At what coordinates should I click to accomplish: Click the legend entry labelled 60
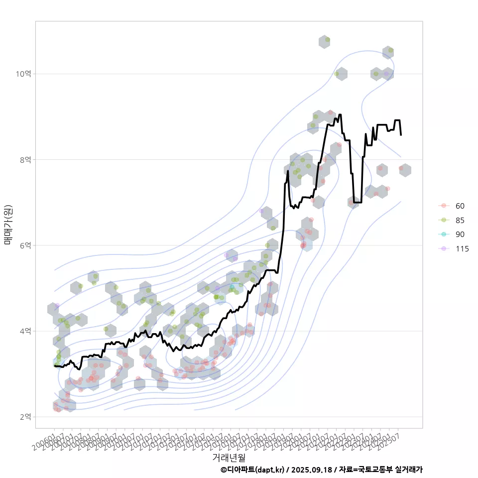[x=460, y=206]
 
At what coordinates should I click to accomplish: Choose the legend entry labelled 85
[x=460, y=220]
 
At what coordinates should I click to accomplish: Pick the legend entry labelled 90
[x=460, y=235]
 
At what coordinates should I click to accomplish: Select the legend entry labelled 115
[x=462, y=249]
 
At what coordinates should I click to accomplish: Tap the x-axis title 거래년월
[x=229, y=457]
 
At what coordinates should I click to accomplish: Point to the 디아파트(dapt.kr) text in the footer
[x=252, y=470]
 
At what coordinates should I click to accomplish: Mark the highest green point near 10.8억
[x=327, y=40]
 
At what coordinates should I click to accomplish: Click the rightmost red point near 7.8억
[x=401, y=169]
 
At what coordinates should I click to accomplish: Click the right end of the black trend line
[x=401, y=135]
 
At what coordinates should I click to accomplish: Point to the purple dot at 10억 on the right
[x=386, y=74]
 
